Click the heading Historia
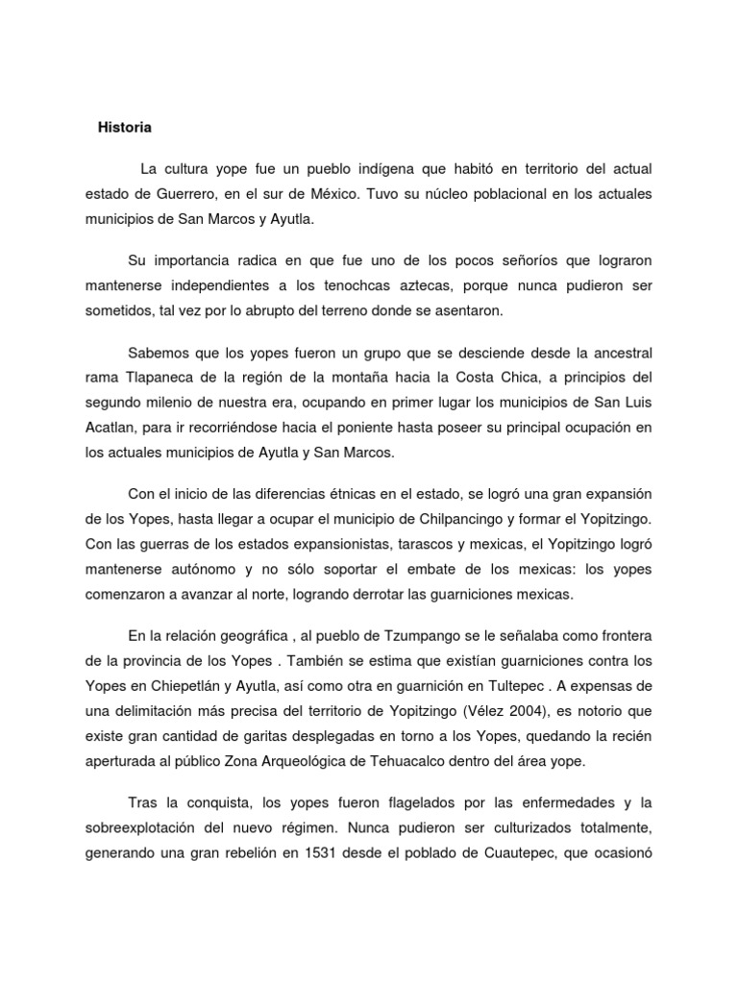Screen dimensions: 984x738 pyautogui.click(x=125, y=127)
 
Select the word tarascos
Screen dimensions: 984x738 pyautogui.click(x=402, y=544)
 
